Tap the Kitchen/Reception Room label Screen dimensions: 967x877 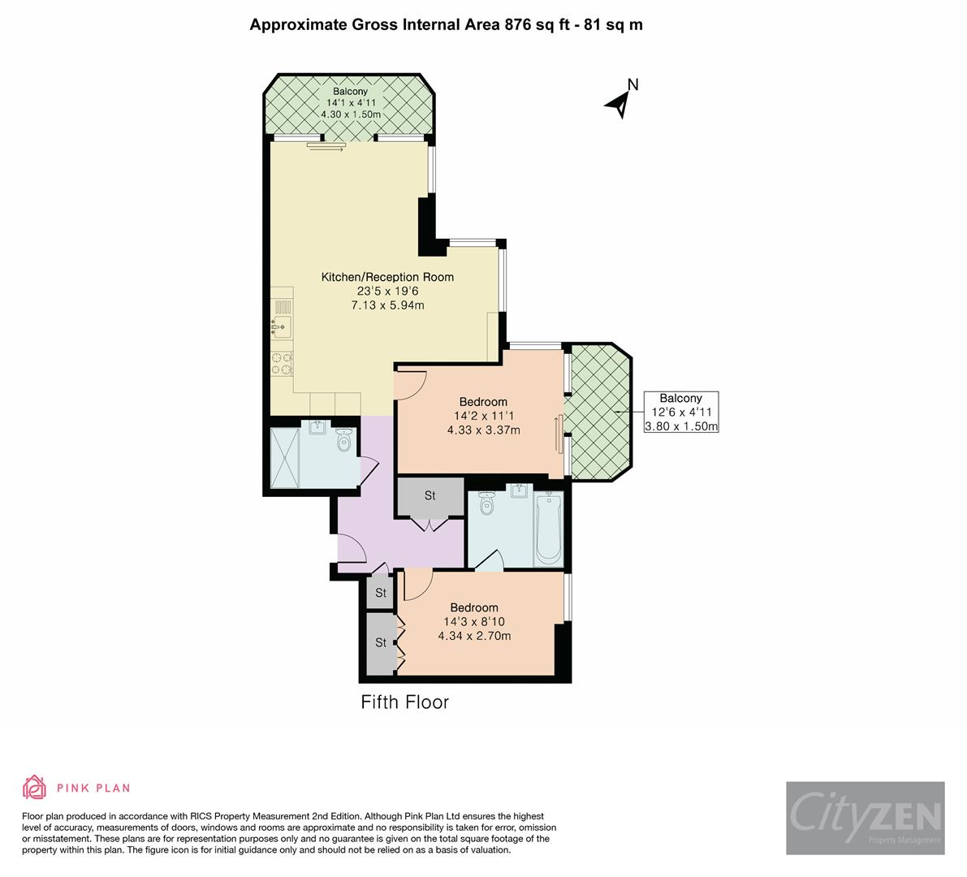click(387, 277)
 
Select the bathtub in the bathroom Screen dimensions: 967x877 click(548, 528)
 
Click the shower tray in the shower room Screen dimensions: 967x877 click(285, 457)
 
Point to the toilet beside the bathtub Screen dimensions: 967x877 click(486, 503)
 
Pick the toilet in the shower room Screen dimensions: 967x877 click(343, 439)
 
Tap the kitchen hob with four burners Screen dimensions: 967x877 click(282, 363)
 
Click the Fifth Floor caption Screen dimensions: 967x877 click(404, 702)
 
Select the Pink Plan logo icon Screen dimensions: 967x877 click(35, 787)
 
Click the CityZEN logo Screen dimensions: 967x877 click(866, 818)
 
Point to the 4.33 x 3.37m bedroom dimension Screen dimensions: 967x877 click(484, 430)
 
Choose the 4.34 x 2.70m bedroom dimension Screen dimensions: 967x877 click(474, 635)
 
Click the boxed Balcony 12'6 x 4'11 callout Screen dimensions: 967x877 click(681, 412)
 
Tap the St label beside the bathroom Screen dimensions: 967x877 click(430, 495)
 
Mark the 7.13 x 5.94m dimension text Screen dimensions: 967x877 click(387, 305)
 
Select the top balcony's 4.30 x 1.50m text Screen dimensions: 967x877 click(350, 114)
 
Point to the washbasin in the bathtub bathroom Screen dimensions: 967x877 click(519, 490)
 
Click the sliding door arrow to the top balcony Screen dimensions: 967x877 click(326, 147)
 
